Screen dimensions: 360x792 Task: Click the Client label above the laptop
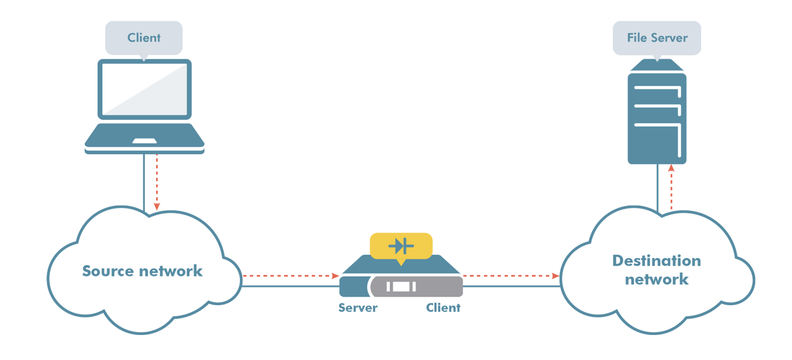coord(144,38)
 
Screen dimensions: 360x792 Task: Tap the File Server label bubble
coord(657,38)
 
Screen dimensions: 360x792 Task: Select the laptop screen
coord(144,89)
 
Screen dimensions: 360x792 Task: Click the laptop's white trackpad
coord(144,141)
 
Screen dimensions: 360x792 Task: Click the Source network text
coord(142,271)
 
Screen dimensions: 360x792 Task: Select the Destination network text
coord(656,270)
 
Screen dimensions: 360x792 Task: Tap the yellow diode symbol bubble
coord(401,246)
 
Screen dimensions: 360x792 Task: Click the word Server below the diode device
coord(358,308)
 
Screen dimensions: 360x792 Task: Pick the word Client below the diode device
coord(443,308)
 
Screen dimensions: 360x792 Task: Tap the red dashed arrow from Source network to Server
coord(290,276)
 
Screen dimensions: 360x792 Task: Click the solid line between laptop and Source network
coord(144,183)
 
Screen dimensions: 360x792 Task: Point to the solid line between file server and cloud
coord(657,189)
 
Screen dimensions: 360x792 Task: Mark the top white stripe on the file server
coord(656,90)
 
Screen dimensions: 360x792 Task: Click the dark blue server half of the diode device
coord(353,286)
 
